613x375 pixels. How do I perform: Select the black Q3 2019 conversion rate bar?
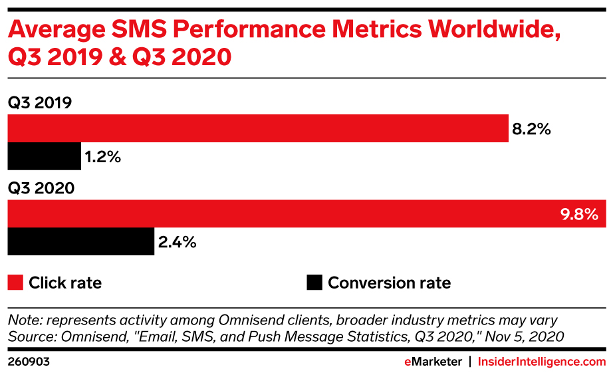[44, 157]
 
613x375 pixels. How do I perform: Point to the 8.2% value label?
[531, 129]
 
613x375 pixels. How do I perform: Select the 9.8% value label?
[578, 214]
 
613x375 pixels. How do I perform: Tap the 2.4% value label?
[178, 243]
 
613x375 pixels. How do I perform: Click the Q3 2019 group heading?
[40, 103]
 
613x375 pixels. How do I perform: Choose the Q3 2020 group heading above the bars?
[41, 188]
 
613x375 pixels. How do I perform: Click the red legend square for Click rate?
[15, 283]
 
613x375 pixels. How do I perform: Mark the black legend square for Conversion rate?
[314, 283]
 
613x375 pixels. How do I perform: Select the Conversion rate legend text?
[389, 283]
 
